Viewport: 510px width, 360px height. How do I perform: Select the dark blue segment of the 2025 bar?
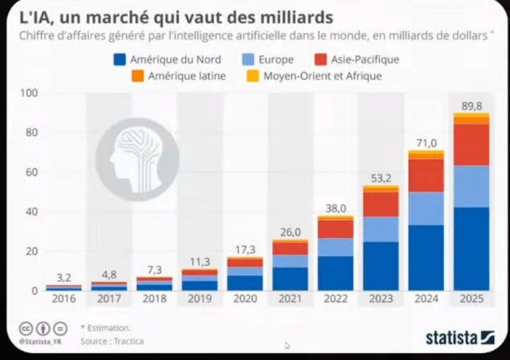coord(471,248)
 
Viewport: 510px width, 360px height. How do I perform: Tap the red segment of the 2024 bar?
coord(426,175)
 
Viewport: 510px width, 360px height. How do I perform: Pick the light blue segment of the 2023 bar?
coord(381,229)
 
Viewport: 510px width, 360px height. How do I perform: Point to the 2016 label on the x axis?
coord(64,299)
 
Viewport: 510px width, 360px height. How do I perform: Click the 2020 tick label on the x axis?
coord(245,299)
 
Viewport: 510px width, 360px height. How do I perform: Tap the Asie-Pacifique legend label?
coord(365,60)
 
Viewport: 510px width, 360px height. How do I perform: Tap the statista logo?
coord(460,337)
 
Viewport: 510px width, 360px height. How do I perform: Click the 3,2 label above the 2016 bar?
coord(64,277)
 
